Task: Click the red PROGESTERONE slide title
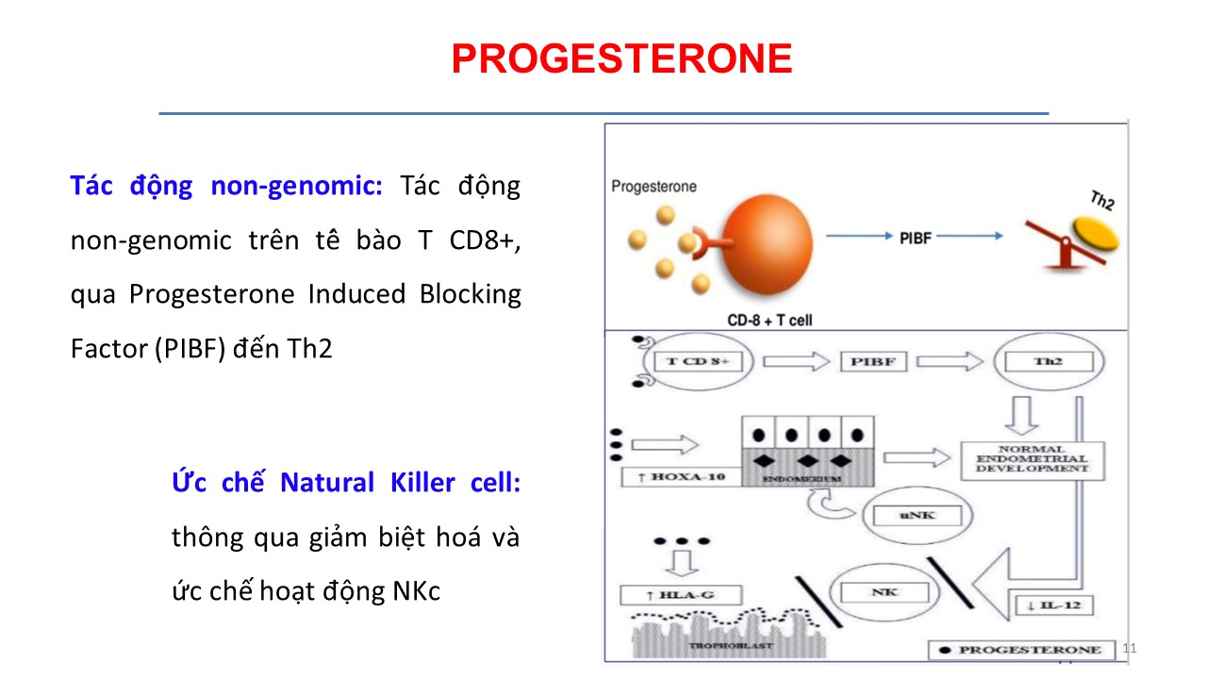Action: [621, 59]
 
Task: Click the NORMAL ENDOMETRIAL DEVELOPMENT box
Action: [1032, 458]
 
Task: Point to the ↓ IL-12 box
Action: [1053, 604]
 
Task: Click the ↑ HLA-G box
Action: [681, 595]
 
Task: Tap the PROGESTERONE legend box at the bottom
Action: [1021, 650]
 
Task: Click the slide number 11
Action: [1132, 648]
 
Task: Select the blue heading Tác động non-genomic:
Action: [226, 186]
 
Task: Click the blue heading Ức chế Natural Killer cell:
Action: [345, 483]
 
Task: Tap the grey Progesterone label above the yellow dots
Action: [653, 186]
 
